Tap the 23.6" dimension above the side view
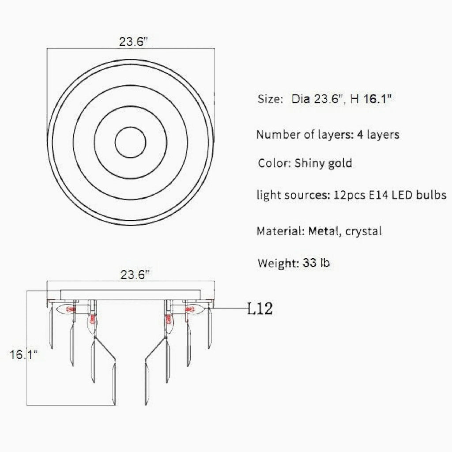[x=133, y=275]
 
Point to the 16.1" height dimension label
[x=23, y=354]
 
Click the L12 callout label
[x=260, y=309]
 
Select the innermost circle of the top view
[x=131, y=142]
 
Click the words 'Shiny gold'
[x=323, y=163]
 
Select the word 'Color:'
[x=273, y=163]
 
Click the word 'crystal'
[x=364, y=230]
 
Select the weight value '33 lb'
[x=316, y=264]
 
